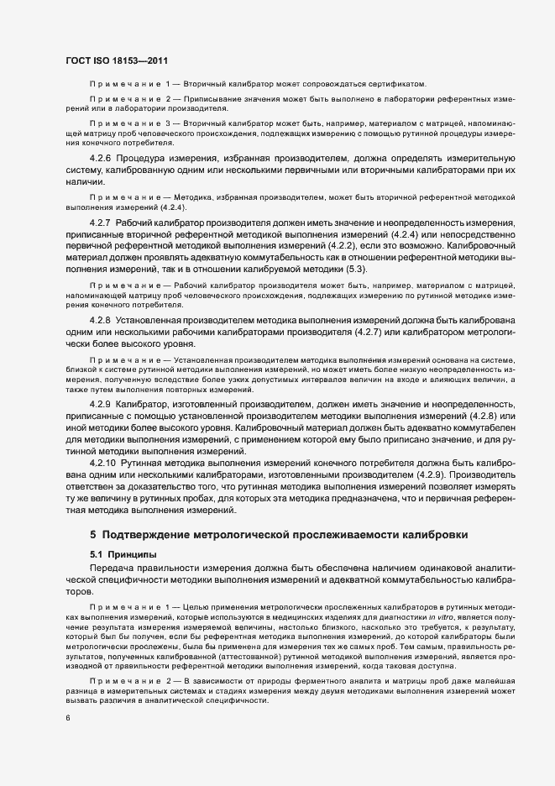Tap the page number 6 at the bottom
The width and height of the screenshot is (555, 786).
click(66, 717)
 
